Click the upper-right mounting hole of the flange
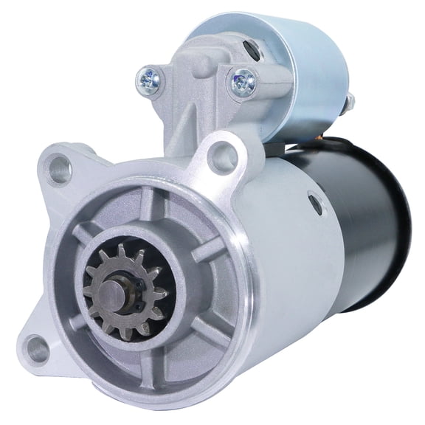pyautogui.click(x=221, y=156)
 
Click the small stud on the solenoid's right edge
pyautogui.click(x=350, y=101)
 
